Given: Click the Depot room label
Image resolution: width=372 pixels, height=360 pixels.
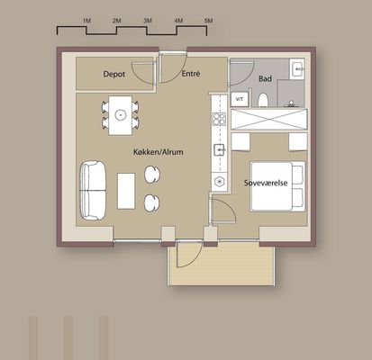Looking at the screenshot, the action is (114, 74).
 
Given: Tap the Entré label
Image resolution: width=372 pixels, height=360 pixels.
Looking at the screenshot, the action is (191, 74).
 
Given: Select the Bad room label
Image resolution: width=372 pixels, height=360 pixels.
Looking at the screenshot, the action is (265, 79).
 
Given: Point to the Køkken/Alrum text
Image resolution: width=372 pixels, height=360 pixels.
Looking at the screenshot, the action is (159, 152).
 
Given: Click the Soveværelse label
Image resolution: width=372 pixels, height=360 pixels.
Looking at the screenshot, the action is (266, 183).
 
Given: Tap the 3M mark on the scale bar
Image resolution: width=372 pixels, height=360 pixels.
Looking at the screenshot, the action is (148, 21).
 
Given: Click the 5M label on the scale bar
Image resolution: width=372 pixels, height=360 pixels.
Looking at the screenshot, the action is (208, 21).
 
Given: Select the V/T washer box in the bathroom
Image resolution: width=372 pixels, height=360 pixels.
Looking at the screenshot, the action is (240, 99).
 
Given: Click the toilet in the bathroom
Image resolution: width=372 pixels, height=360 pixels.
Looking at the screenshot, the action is (263, 100).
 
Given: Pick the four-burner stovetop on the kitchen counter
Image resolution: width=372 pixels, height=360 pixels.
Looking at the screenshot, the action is (219, 119).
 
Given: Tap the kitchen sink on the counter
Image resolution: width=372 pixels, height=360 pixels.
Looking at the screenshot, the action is (220, 149).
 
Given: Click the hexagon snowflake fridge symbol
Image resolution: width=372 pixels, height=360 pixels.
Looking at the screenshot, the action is (220, 182).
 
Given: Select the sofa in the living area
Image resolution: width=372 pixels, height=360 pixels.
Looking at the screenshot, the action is (93, 191).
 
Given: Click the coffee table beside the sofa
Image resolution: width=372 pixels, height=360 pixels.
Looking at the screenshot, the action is (126, 191).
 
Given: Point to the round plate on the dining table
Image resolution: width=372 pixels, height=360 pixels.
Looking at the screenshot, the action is (121, 114).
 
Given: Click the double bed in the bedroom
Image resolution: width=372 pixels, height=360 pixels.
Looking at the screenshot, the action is (277, 186).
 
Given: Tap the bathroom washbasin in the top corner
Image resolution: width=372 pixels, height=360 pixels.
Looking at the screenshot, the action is (297, 68).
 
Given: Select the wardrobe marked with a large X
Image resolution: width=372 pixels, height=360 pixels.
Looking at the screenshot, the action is (269, 120).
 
